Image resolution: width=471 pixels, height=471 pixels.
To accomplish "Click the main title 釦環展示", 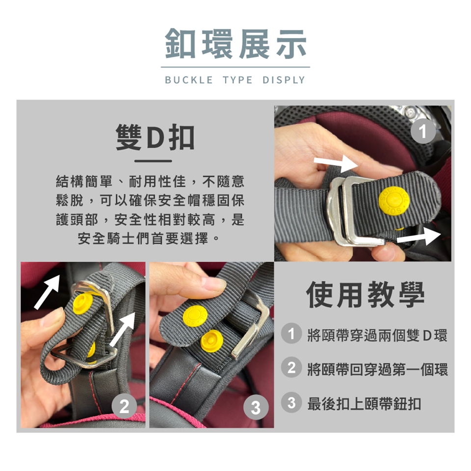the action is click(x=236, y=44).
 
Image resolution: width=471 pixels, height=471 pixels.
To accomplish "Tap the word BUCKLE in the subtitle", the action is click(x=189, y=80).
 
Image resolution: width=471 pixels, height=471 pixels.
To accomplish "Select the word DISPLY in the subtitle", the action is click(x=284, y=80).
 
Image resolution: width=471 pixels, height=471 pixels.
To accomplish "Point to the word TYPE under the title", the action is click(x=237, y=80).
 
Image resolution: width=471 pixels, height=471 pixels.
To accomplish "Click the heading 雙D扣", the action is click(x=155, y=137).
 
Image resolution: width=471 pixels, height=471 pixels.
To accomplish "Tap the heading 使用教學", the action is click(x=365, y=294).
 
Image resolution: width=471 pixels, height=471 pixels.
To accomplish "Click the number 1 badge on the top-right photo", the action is click(x=423, y=131).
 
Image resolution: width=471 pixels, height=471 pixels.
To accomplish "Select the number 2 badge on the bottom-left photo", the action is click(x=124, y=406).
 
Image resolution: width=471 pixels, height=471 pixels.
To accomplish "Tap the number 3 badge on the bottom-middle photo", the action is click(x=256, y=407).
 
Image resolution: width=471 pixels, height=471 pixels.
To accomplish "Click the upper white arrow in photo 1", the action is click(x=336, y=164).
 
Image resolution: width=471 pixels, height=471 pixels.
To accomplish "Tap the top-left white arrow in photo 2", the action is click(x=47, y=291).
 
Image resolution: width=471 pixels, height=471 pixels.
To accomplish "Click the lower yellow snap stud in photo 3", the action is click(x=212, y=341).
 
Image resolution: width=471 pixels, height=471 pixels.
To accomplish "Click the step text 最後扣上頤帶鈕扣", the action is click(x=364, y=403).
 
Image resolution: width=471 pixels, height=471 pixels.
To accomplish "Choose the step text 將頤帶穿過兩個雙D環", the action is click(x=377, y=335).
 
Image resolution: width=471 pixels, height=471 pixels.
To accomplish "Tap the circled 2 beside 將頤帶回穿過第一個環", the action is click(x=291, y=367).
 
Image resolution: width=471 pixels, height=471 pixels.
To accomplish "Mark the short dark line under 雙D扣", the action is click(x=153, y=161).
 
